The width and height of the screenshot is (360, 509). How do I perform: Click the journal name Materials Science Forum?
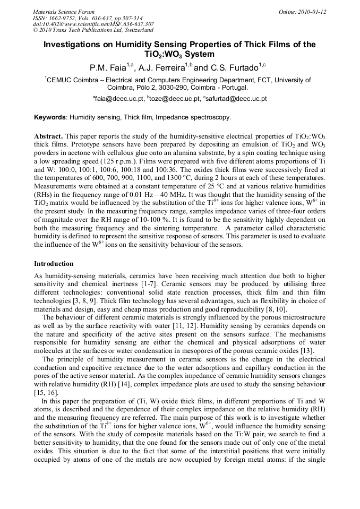(x=64, y=12)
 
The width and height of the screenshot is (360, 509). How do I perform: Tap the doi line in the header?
(x=93, y=24)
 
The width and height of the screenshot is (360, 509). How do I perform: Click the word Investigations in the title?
(x=73, y=45)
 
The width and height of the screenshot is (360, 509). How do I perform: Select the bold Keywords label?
(x=50, y=117)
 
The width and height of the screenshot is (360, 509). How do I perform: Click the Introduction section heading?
(x=55, y=264)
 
